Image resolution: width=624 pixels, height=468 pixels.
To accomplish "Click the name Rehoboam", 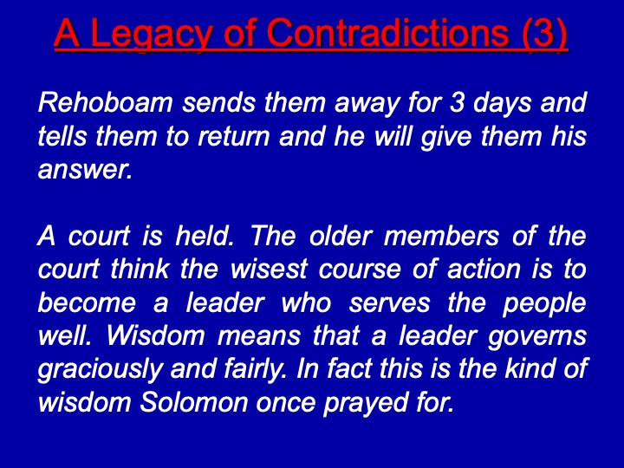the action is click(x=106, y=102).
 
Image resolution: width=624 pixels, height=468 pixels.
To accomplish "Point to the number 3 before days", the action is click(x=458, y=102).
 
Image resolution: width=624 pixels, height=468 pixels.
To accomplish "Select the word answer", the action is click(x=85, y=170).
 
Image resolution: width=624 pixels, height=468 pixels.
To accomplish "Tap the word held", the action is click(x=205, y=236).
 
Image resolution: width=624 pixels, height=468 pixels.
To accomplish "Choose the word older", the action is click(x=341, y=236).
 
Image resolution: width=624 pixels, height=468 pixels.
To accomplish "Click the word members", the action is click(x=441, y=236).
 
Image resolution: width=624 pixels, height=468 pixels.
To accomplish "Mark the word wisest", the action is click(x=269, y=270).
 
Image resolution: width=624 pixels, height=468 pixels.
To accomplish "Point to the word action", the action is click(x=484, y=270).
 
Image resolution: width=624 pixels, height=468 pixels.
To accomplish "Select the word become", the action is click(x=88, y=302).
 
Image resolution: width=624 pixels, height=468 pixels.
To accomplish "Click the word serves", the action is click(x=390, y=304).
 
